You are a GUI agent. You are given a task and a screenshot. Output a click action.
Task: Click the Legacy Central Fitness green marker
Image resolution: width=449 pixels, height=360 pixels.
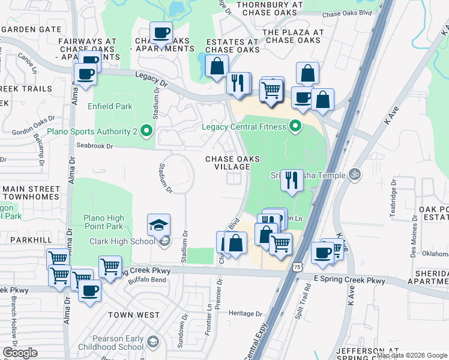click(295, 126)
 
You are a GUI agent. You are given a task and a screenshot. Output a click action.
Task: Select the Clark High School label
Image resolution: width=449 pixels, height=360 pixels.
click(121, 242)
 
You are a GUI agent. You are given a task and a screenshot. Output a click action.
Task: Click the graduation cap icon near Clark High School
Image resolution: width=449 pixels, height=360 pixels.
click(158, 226)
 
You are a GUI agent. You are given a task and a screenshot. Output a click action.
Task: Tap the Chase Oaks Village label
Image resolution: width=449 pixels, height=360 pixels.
click(233, 163)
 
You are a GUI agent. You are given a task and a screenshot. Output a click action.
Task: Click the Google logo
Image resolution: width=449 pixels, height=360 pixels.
click(20, 353)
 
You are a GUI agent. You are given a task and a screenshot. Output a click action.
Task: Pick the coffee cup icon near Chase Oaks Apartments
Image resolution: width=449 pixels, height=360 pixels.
click(161, 33)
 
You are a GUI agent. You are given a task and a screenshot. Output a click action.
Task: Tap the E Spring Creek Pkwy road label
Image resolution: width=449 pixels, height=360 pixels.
click(349, 281)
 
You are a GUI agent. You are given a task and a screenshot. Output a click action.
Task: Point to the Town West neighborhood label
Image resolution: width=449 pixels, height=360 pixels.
click(134, 315)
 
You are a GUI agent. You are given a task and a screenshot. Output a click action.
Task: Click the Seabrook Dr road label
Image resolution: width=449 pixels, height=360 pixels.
click(95, 146)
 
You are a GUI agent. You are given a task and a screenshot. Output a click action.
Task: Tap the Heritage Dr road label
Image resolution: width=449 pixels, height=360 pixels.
click(246, 314)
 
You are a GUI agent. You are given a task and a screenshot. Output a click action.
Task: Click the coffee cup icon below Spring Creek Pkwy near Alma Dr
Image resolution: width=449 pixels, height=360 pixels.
click(90, 291)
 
